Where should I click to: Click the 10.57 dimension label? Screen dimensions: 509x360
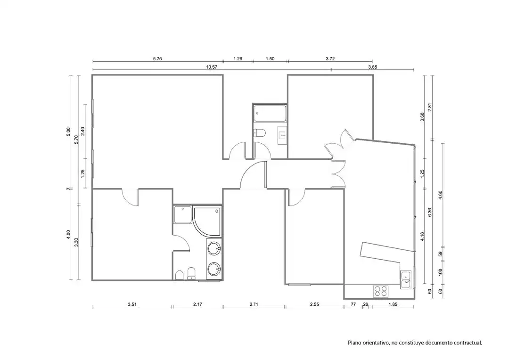(x=212, y=67)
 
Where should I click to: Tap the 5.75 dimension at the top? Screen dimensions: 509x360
(x=157, y=59)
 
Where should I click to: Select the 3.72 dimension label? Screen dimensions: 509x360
(x=330, y=59)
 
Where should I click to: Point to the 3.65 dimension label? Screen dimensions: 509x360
(x=373, y=67)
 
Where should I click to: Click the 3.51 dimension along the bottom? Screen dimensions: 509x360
(x=132, y=304)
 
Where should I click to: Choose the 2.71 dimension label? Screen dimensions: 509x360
(x=254, y=304)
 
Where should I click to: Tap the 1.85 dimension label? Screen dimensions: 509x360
(x=393, y=304)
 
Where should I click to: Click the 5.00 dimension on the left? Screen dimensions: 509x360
(x=68, y=131)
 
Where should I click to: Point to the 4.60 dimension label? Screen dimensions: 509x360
(x=441, y=195)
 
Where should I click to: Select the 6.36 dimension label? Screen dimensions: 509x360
(x=430, y=213)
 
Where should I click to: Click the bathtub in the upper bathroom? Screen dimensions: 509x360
(x=270, y=114)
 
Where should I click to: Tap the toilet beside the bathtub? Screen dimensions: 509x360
(x=259, y=133)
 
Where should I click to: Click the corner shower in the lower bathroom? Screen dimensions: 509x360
(x=207, y=220)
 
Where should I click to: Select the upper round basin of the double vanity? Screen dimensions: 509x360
(x=214, y=249)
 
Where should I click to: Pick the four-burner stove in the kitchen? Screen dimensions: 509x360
(x=381, y=291)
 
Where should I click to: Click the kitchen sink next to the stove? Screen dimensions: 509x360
(x=406, y=280)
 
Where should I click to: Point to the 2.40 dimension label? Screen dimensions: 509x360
(x=83, y=131)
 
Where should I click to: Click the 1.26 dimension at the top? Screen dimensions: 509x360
(x=238, y=59)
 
